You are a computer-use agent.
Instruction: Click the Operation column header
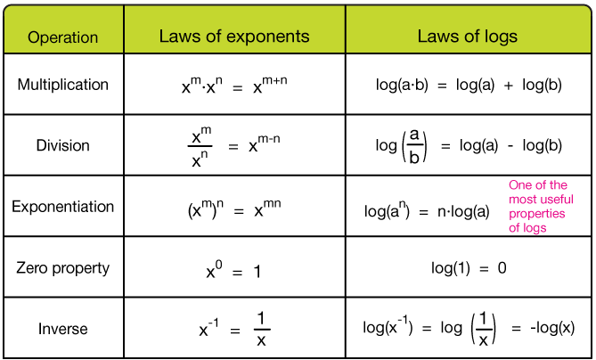coord(62,37)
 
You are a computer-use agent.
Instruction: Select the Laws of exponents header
coord(234,37)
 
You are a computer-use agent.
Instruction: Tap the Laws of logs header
coord(468,37)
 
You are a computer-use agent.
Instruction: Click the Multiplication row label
coord(62,85)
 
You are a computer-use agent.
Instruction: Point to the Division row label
coord(62,145)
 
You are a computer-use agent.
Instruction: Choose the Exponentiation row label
coord(62,207)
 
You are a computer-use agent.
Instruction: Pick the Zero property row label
coord(62,267)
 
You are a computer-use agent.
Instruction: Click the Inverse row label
coord(62,329)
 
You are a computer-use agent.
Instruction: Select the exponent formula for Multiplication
coord(233,86)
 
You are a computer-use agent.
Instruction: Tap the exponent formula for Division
coord(233,146)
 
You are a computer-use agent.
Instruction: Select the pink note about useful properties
coord(540,207)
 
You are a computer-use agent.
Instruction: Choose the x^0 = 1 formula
coord(233,268)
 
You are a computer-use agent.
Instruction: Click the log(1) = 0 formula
coord(469,268)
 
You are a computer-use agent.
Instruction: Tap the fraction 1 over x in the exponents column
coord(261,330)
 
